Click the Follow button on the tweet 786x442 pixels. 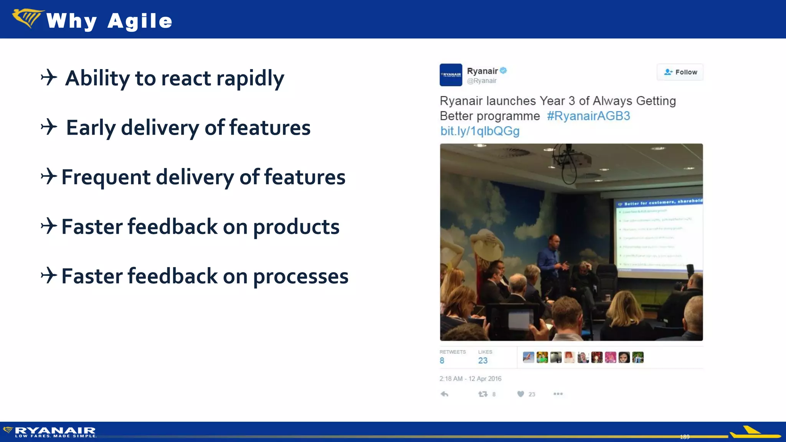coord(680,72)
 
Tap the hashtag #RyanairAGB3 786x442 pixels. coord(588,116)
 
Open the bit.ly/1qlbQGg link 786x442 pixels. coord(480,131)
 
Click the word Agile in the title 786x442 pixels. coord(140,21)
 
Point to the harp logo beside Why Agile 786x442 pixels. coord(27,18)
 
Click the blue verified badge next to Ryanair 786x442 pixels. coord(504,71)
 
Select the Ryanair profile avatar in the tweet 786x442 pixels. coord(451,75)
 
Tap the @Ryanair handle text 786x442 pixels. coord(482,81)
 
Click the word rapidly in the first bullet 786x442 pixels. coord(250,79)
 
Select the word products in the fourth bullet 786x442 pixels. coord(296,227)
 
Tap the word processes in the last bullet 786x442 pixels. coord(301,276)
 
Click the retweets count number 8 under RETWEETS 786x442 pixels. coord(442,361)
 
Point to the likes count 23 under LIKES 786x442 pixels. coord(483,361)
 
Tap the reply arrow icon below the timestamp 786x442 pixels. coord(444,394)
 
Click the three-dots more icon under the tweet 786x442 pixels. coord(558,394)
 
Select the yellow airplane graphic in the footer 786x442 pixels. coord(754,433)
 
